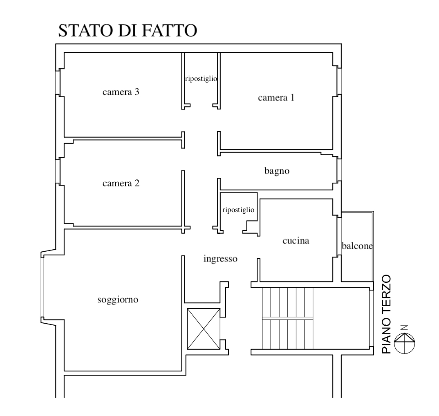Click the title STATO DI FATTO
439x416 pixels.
[128, 30]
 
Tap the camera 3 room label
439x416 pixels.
[121, 92]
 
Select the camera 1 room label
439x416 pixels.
[276, 97]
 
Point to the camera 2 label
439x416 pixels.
[121, 183]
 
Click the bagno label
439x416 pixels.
[277, 171]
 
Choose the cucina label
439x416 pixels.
[296, 241]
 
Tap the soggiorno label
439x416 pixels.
[118, 300]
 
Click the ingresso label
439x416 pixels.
[220, 259]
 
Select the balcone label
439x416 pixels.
[357, 246]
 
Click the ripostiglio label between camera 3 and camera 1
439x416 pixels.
[201, 79]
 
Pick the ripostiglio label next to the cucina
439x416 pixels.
[238, 210]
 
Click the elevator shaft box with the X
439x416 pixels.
[204, 329]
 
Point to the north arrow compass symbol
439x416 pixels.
[405, 343]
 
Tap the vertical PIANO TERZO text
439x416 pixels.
[386, 314]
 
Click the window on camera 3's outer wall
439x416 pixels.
[59, 82]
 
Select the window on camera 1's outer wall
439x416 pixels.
[338, 81]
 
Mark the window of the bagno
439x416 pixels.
[338, 170]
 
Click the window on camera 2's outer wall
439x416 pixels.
[59, 171]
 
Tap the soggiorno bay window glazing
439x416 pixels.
[43, 288]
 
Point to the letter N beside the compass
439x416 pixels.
[404, 328]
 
